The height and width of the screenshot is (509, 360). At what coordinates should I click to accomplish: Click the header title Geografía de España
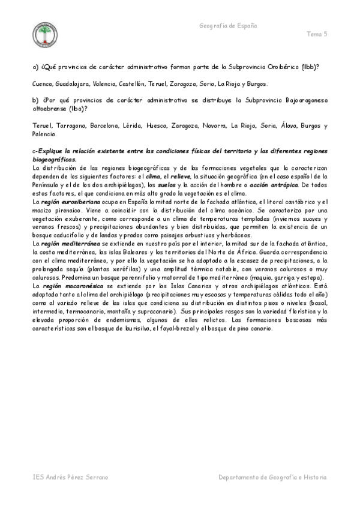point(227,26)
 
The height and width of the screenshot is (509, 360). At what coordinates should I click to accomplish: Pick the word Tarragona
point(73,126)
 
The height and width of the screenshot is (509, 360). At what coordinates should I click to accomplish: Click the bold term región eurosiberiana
point(64,202)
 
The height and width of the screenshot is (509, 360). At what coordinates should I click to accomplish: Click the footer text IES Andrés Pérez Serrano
point(71,477)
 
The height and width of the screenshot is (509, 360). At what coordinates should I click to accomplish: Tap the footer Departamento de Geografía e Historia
point(273,477)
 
